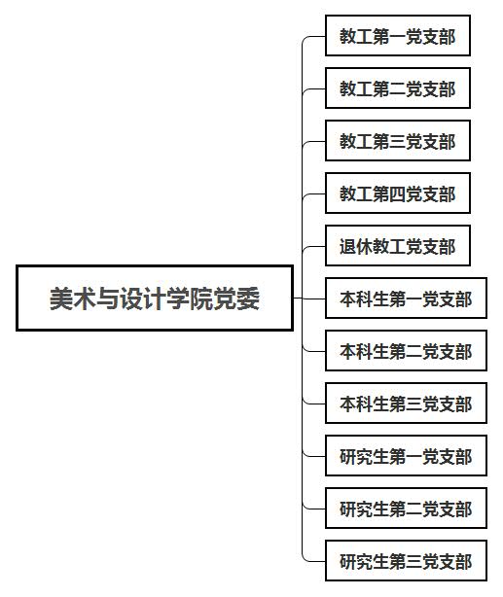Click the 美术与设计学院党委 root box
[155, 298]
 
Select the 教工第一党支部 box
[398, 35]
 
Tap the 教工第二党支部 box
[398, 88]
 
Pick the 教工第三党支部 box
[398, 140]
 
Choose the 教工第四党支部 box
[398, 193]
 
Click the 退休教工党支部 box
[398, 246]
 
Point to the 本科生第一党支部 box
[407, 298]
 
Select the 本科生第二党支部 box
[407, 351]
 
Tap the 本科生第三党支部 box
[407, 404]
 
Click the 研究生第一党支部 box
[407, 456]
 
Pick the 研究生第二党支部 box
[407, 509]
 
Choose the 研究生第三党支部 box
[407, 561]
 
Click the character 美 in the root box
[61, 298]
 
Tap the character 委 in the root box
[248, 298]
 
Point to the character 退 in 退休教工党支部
[347, 246]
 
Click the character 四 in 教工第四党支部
[397, 193]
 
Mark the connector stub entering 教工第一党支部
[314, 37]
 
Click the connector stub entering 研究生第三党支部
[314, 561]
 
